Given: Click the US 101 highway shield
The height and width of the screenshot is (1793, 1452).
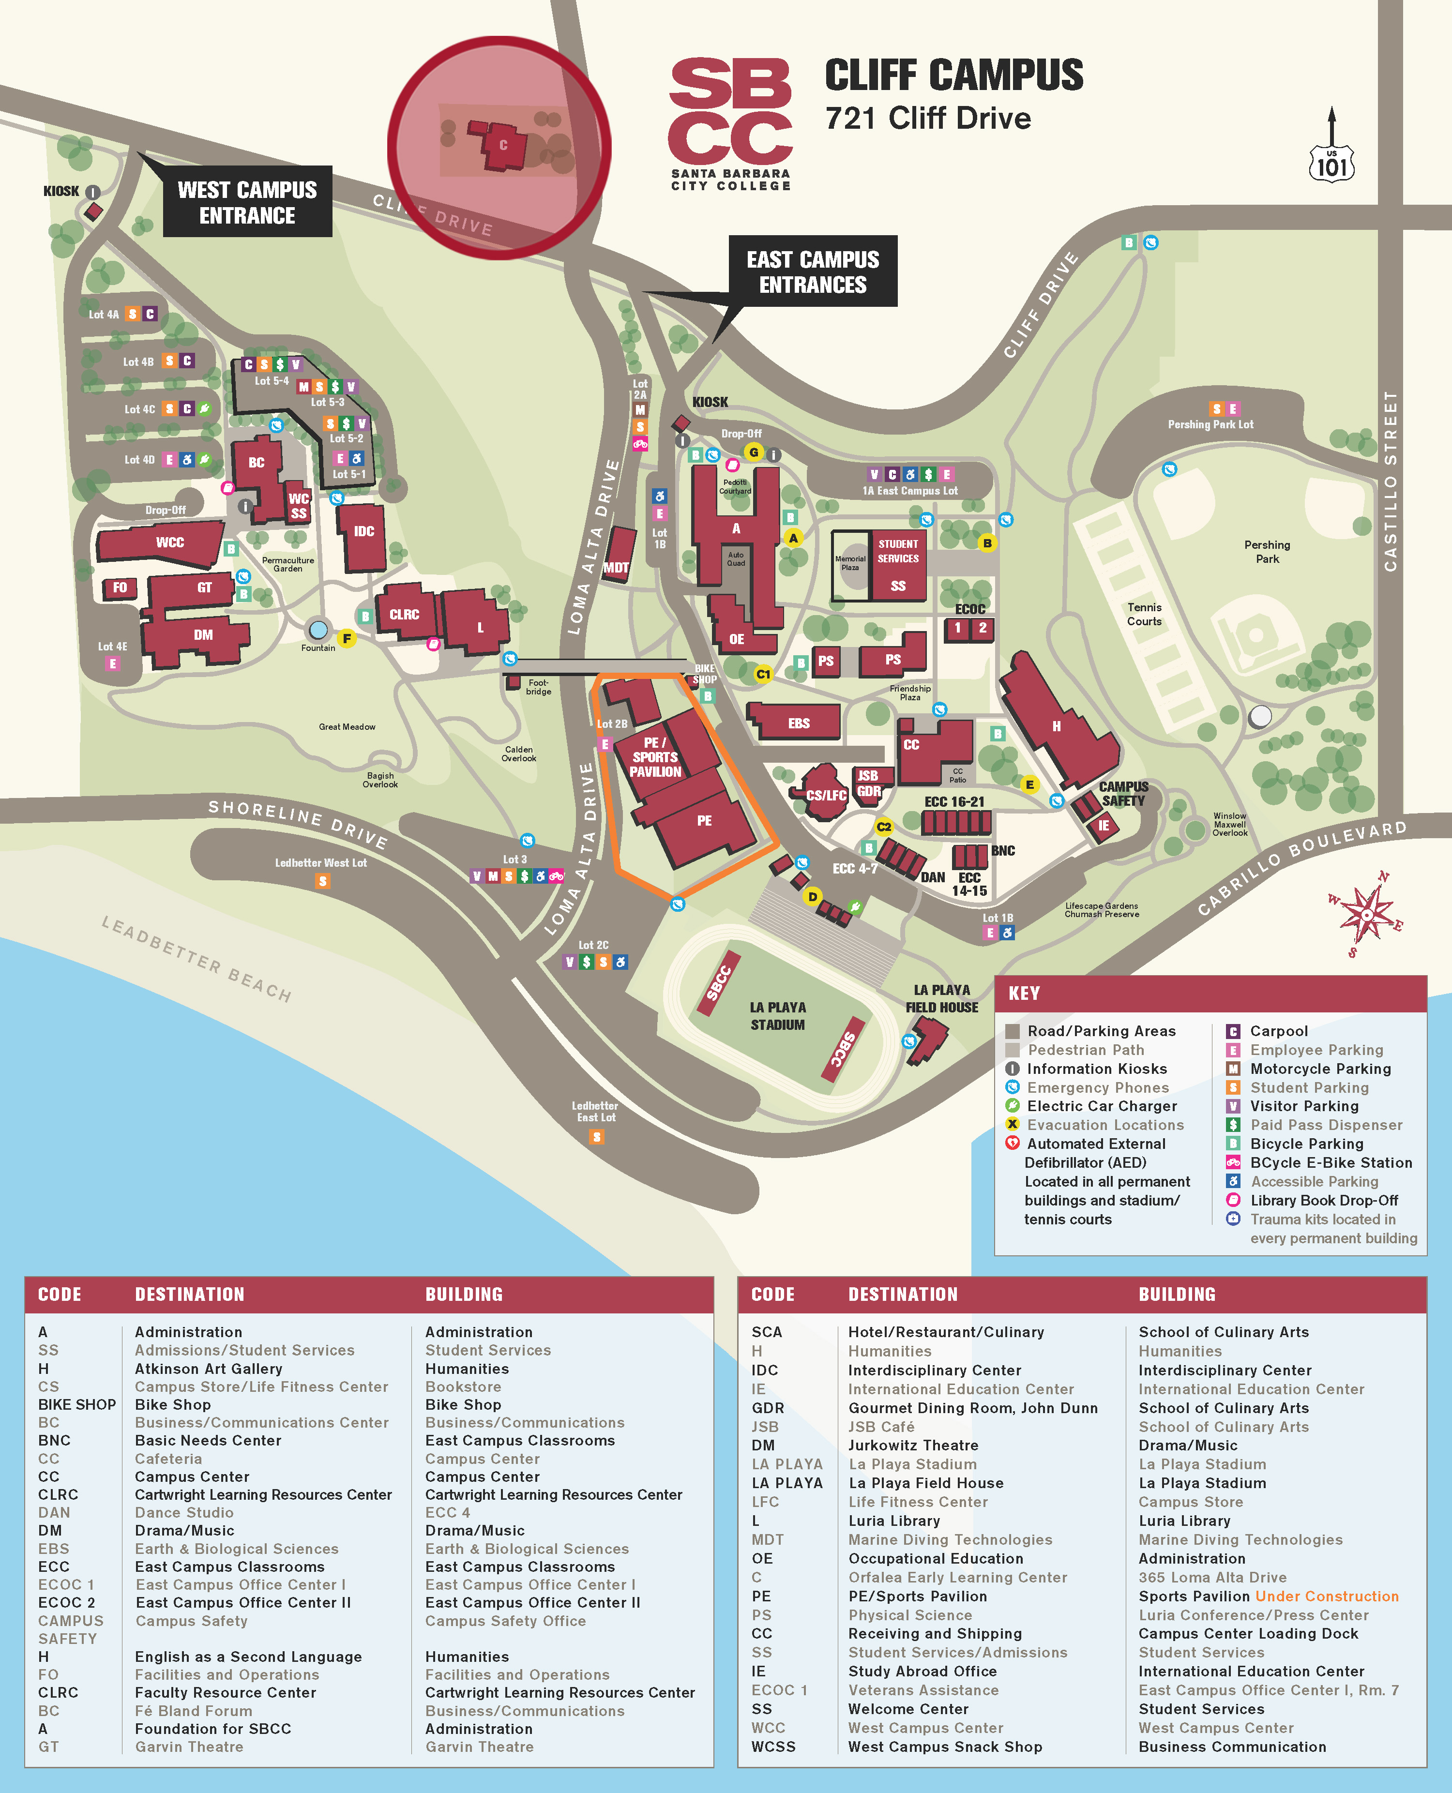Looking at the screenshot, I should (1331, 163).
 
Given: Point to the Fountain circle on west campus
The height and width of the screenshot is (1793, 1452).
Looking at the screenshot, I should (318, 629).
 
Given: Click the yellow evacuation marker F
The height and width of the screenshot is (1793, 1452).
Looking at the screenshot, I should (346, 639).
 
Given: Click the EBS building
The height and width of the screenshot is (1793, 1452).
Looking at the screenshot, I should (798, 723).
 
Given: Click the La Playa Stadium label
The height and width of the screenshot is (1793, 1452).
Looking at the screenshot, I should (777, 1016).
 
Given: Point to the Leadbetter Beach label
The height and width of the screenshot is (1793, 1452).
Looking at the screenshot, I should (197, 958).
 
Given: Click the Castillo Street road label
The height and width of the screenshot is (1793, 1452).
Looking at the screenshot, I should (1390, 481).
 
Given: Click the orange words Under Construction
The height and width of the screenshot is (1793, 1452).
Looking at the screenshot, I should (1327, 1596).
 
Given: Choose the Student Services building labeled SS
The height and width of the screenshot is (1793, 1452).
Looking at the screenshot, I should (897, 567).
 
